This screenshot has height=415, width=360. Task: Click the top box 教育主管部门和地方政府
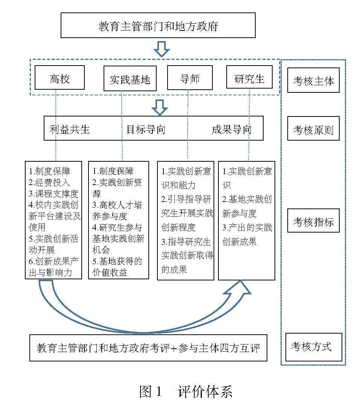(x=158, y=26)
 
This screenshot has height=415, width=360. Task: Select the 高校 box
(x=59, y=78)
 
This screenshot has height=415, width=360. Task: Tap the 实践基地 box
(x=130, y=79)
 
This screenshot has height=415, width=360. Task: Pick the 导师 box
(x=190, y=78)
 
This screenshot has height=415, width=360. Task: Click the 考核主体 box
(x=313, y=80)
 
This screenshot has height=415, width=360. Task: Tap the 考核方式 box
(x=313, y=347)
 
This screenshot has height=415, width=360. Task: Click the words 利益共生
(x=70, y=129)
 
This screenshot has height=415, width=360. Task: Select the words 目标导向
(x=146, y=129)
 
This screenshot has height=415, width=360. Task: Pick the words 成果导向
(x=232, y=129)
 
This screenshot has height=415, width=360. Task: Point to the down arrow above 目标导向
(x=160, y=107)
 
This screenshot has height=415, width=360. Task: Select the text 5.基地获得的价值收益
(x=117, y=266)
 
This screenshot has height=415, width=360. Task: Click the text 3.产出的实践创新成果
(x=247, y=234)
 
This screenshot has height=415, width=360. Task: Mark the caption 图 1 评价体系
(x=185, y=392)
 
